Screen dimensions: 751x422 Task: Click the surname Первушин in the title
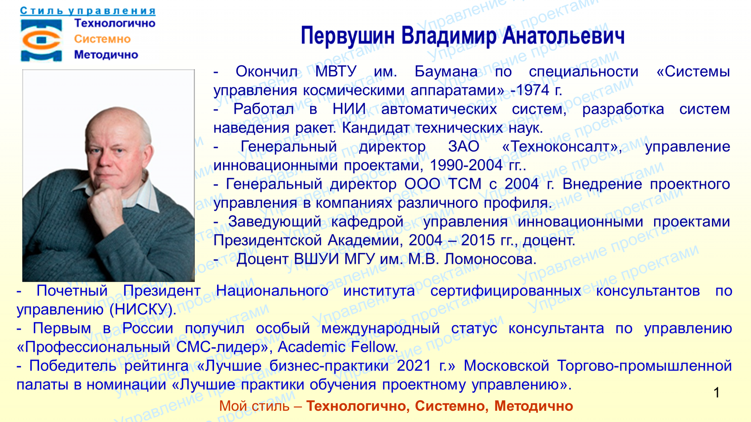click(347, 36)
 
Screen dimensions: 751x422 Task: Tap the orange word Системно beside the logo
click(102, 39)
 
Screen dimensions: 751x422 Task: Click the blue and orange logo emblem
click(41, 40)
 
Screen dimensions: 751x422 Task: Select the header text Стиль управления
click(88, 11)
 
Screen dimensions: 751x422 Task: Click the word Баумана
click(446, 71)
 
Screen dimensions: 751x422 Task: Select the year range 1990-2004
click(466, 165)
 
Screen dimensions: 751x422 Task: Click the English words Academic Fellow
click(338, 347)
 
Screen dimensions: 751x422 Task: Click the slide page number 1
click(716, 392)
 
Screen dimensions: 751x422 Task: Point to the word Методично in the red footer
click(534, 406)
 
